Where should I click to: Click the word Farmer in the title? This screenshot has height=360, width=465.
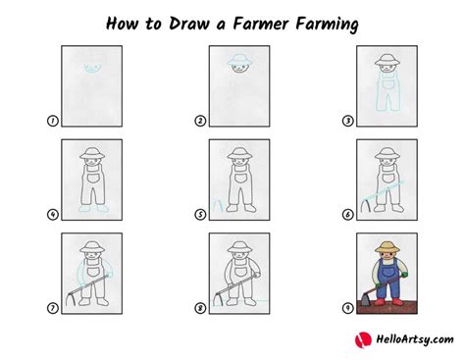(x=261, y=24)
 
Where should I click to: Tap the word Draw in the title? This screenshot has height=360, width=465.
(x=189, y=24)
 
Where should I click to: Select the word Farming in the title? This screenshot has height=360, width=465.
(x=327, y=25)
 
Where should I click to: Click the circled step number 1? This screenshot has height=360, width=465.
(x=52, y=121)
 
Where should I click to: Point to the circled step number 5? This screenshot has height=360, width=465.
(x=200, y=215)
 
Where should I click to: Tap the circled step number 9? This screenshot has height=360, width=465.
(x=347, y=308)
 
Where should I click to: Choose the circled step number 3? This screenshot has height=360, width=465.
(x=347, y=121)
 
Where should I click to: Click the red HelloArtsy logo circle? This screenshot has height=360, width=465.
(x=363, y=339)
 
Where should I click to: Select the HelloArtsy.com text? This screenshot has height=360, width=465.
(x=415, y=339)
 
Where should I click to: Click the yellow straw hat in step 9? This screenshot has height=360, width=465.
(x=387, y=247)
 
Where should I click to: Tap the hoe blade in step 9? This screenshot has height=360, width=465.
(x=366, y=299)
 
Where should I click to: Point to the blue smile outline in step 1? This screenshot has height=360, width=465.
(x=92, y=69)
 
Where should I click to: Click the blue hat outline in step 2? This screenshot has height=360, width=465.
(x=239, y=59)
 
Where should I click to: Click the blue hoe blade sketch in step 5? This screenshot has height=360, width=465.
(x=218, y=204)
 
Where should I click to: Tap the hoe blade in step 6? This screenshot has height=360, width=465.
(x=365, y=206)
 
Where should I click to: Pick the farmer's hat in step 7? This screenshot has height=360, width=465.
(x=92, y=247)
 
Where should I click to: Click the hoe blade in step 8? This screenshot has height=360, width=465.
(x=218, y=298)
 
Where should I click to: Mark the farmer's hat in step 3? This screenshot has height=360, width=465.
(x=387, y=60)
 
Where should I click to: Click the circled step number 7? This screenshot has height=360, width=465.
(x=52, y=308)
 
